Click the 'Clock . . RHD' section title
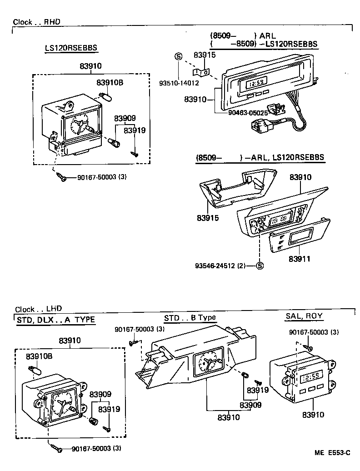pyautogui.click(x=36, y=21)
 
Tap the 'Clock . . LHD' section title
pyautogui.click(x=38, y=309)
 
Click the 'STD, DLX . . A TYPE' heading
pyautogui.click(x=56, y=320)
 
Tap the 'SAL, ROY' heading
pyautogui.click(x=304, y=316)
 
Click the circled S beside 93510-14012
pyautogui.click(x=178, y=56)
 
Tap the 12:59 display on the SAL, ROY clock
pyautogui.click(x=311, y=376)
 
